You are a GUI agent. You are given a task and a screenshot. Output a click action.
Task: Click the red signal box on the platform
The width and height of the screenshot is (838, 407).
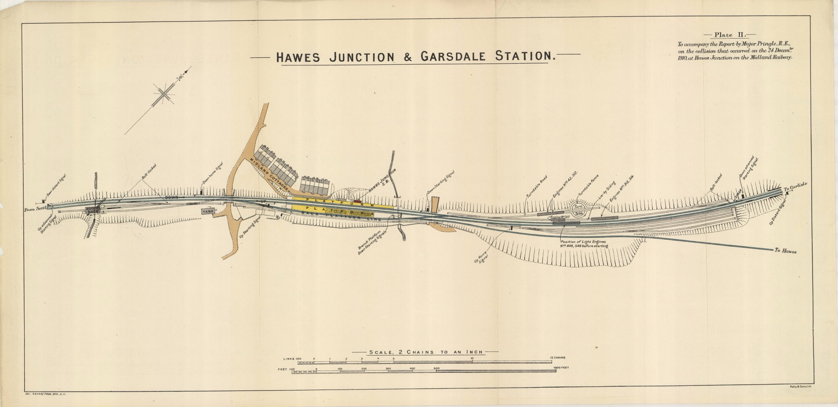pyautogui.click(x=358, y=201)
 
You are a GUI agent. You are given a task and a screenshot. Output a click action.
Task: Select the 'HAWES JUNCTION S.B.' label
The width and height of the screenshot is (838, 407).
pyautogui.click(x=382, y=182)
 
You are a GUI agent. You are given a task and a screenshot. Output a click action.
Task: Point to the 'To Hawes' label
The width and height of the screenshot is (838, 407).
pyautogui.click(x=785, y=251)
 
